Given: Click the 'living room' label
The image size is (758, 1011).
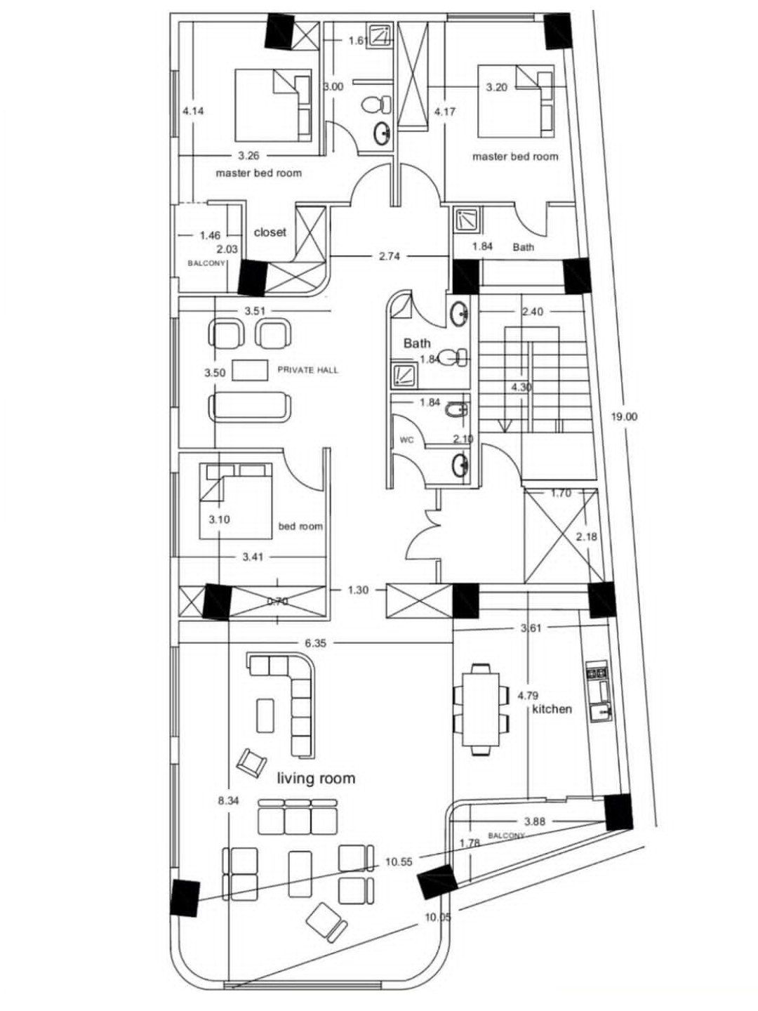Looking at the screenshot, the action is (316, 778).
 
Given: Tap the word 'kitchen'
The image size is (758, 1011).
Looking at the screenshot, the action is (552, 708).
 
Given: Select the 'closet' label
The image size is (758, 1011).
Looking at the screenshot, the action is (270, 232).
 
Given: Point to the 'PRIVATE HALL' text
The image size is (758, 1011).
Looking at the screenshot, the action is (308, 370).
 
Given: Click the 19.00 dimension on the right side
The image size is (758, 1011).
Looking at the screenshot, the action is (625, 417).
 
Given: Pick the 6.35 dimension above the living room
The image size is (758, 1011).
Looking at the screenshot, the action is (315, 643).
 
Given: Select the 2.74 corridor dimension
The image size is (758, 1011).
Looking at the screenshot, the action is (390, 256).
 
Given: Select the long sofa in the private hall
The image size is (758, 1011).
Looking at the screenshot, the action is (250, 406).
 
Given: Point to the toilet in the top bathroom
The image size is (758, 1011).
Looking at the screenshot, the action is (376, 105).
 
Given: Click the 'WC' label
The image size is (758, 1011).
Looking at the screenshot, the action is (407, 440).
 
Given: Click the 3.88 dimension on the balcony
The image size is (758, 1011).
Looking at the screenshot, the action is (535, 821).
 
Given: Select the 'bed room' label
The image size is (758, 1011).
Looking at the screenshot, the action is (300, 526).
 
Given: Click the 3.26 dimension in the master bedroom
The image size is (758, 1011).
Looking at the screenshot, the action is (249, 156).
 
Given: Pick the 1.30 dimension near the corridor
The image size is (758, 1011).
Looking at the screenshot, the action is (358, 590).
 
